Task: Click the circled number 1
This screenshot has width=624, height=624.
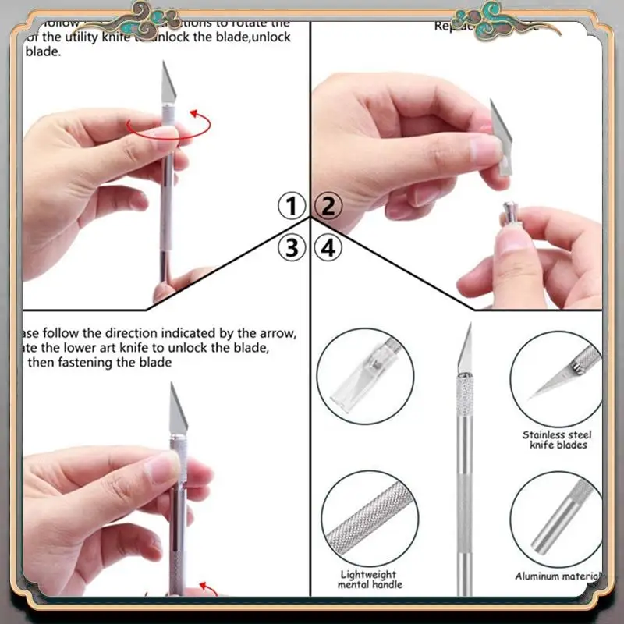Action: (x=292, y=207)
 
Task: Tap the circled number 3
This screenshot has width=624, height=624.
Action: (x=292, y=248)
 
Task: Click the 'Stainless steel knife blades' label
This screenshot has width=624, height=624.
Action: (x=557, y=439)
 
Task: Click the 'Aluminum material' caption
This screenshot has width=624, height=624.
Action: (x=557, y=576)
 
